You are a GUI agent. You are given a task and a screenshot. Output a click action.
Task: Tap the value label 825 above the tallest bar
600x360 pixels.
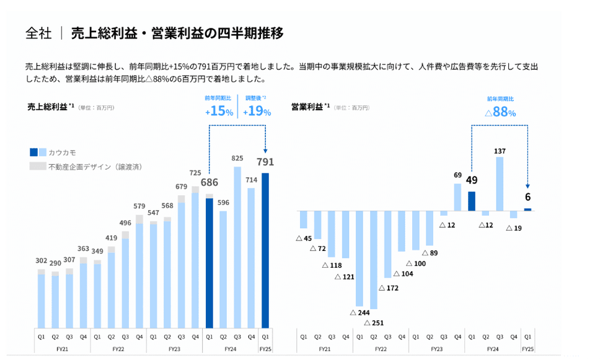[x=237, y=159]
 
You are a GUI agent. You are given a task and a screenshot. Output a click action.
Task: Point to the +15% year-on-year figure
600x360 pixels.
[x=219, y=112]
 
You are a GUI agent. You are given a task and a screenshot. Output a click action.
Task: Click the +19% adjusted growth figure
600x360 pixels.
[x=256, y=112]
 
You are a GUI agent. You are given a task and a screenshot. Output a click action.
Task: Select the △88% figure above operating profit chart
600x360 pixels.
[x=500, y=112]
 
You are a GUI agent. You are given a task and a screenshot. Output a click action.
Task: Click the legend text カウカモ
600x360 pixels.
[x=63, y=152]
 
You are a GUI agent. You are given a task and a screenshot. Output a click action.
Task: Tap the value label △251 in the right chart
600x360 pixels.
[x=374, y=323]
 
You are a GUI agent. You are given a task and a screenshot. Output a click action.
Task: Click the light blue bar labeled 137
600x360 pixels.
[x=500, y=183]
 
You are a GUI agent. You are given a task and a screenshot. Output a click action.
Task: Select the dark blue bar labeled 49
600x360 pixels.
[x=472, y=201]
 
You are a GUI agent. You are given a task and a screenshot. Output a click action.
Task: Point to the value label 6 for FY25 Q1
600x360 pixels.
[x=527, y=197]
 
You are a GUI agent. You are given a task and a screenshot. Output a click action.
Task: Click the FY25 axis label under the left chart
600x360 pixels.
[x=265, y=349]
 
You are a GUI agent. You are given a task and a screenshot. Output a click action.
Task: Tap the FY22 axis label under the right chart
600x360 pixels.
[x=381, y=349]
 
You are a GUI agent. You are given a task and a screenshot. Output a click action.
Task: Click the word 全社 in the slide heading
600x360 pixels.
[x=38, y=33]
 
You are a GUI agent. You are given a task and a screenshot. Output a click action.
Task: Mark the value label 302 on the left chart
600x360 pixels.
[x=42, y=261]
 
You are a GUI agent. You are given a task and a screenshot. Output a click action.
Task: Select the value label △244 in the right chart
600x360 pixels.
[x=360, y=312]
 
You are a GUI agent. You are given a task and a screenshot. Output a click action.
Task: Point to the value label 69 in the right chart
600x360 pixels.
[x=457, y=175]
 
